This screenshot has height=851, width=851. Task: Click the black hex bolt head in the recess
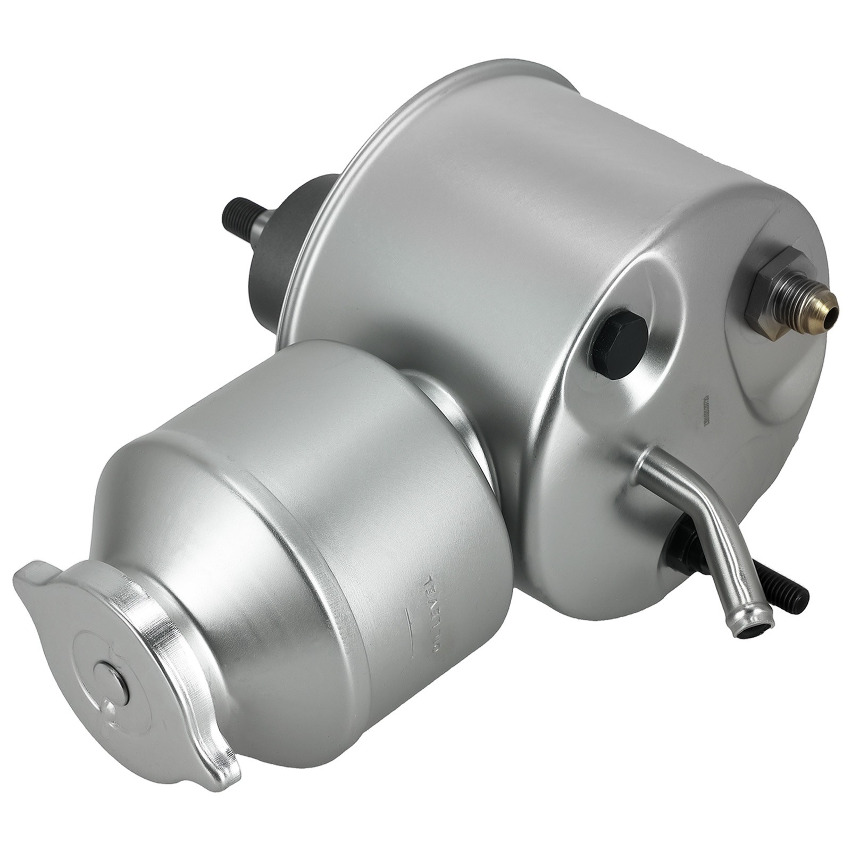coord(619,347)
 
